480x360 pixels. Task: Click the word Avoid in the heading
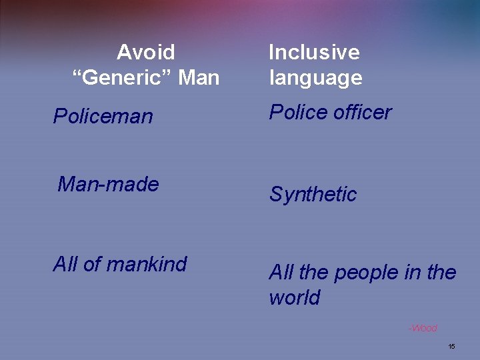pos(146,52)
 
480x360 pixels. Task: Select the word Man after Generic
pos(199,78)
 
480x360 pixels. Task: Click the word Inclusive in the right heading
pos(314,52)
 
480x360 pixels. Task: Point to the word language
pos(315,78)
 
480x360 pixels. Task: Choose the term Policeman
pos(103,117)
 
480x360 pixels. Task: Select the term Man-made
pos(108,184)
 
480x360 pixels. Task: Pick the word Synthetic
pos(313,195)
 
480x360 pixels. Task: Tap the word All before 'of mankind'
pos(65,264)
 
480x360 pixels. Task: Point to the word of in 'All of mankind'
pos(92,264)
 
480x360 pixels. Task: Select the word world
pos(294,298)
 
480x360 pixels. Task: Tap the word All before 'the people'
pos(281,273)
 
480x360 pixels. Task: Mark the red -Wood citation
pos(423,328)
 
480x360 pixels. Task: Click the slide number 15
pos(451,347)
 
